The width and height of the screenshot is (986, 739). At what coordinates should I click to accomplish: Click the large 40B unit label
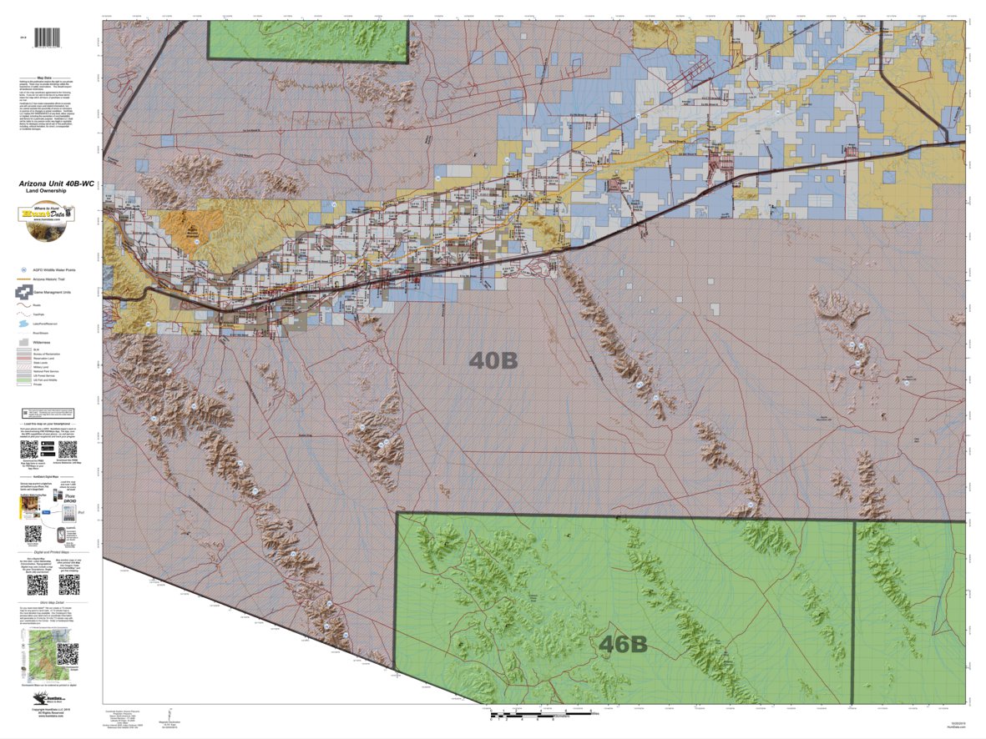tap(494, 360)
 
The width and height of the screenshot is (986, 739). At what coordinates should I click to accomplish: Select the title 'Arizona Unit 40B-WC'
tap(51, 183)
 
